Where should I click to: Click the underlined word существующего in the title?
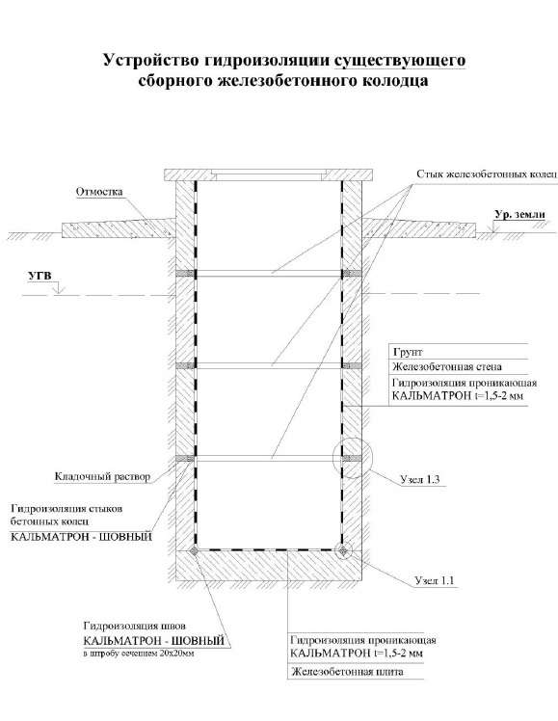400,61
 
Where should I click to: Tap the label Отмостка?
99,192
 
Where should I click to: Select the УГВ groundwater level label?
40,277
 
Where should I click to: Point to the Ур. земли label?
519,214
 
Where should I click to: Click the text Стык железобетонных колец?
487,174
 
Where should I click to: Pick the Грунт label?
408,352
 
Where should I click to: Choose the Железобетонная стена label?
447,367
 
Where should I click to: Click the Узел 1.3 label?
419,479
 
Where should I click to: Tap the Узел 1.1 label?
435,580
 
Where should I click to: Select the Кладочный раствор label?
102,476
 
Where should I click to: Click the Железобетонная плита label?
348,672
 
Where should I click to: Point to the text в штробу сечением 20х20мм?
139,654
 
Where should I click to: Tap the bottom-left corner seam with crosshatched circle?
195,550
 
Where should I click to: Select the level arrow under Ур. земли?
494,227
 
